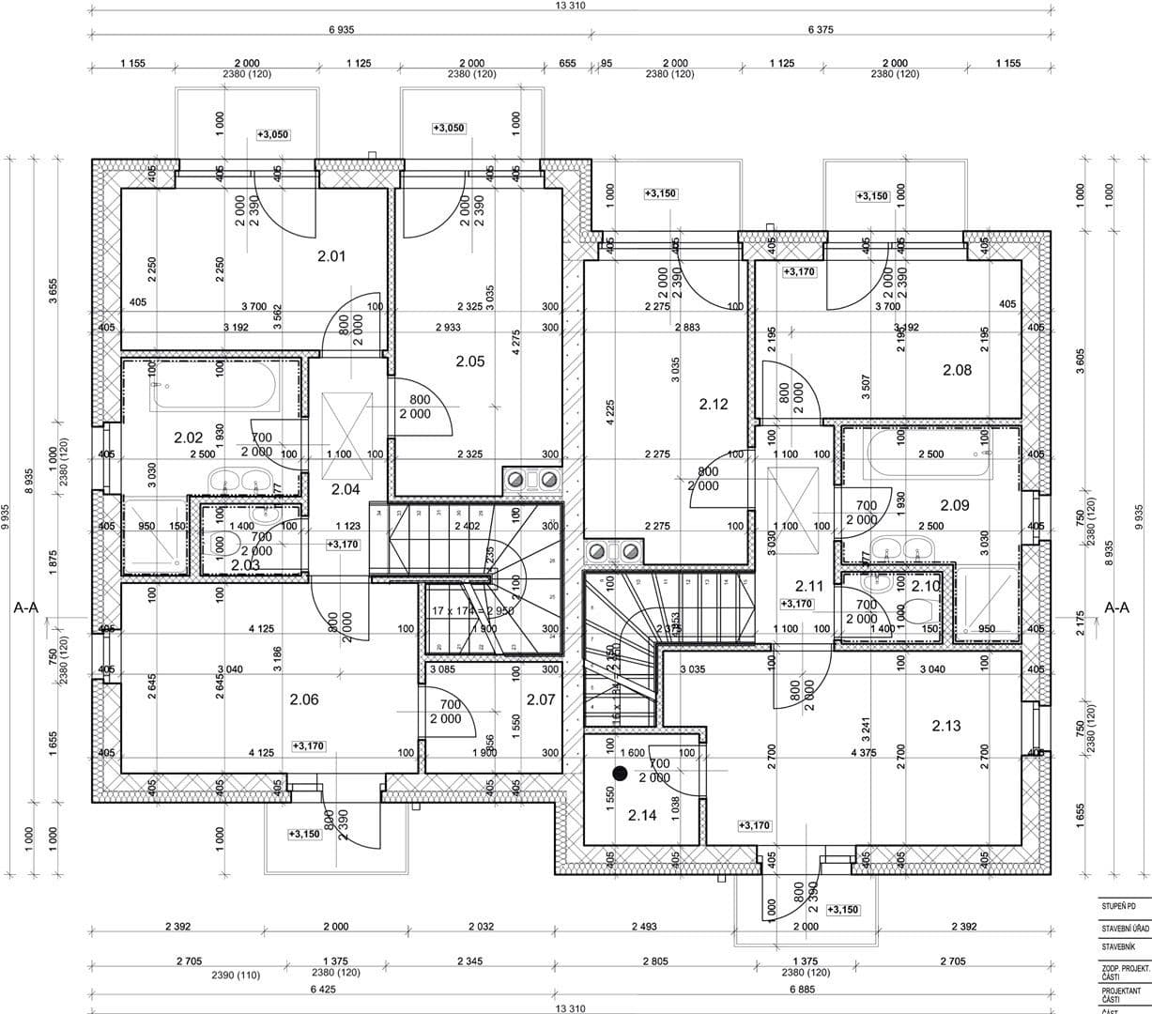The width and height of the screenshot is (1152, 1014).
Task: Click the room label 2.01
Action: click(x=331, y=255)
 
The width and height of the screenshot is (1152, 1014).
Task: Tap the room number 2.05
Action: click(x=469, y=361)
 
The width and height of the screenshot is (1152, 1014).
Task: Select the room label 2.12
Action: click(x=714, y=405)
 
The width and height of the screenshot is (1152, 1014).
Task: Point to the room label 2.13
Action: click(x=946, y=726)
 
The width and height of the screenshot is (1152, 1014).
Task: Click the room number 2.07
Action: click(x=541, y=699)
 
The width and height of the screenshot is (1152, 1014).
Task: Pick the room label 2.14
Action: click(x=642, y=815)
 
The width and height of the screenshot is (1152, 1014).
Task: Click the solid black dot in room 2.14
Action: click(x=619, y=773)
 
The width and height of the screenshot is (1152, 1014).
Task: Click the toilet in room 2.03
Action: click(x=220, y=544)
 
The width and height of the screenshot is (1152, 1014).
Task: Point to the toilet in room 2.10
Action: click(x=915, y=610)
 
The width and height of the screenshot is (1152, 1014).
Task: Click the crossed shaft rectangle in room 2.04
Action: click(x=347, y=424)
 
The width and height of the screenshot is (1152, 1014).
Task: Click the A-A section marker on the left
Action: click(x=26, y=608)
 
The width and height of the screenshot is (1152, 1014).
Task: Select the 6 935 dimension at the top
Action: click(x=342, y=30)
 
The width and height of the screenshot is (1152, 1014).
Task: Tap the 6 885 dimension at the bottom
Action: click(x=800, y=990)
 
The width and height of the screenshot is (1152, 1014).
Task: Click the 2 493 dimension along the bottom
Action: click(x=644, y=927)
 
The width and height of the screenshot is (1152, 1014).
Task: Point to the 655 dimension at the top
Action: click(x=568, y=63)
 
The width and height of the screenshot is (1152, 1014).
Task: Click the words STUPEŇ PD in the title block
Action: click(x=1119, y=907)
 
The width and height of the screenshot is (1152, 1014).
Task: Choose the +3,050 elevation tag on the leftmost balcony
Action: click(x=273, y=135)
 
